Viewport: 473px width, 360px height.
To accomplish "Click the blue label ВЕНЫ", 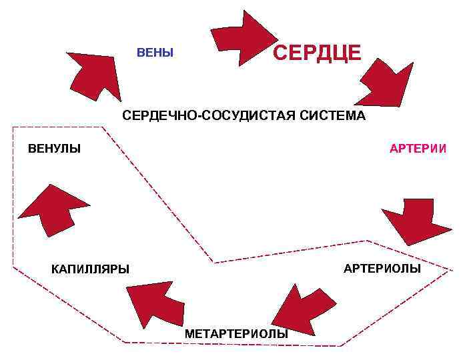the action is (155, 53).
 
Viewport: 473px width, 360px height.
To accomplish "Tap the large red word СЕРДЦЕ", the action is (317, 52).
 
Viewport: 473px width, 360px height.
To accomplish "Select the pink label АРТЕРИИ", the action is (418, 148).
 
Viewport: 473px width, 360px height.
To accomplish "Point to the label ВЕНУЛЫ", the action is (54, 148).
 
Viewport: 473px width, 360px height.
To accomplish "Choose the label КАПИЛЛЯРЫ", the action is (90, 269).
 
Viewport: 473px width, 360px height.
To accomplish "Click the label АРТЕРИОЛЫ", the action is (382, 269).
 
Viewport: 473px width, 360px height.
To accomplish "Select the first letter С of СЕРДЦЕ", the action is (281, 52).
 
